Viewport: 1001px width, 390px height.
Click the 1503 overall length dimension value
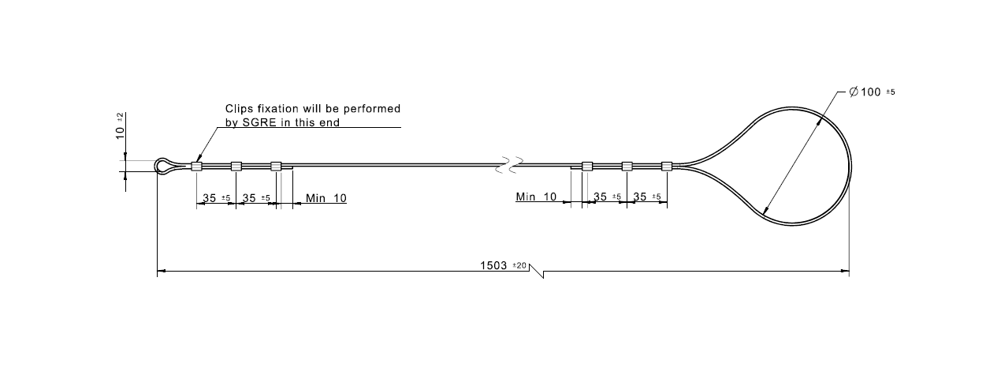click(495, 265)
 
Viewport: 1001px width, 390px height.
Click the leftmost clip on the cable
click(196, 166)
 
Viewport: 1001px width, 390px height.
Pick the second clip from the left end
click(236, 166)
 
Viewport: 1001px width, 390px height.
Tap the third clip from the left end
click(276, 166)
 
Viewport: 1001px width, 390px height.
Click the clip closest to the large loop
click(667, 166)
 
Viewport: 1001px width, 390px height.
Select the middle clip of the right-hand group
click(627, 166)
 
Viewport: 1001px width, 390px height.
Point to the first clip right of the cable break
click(587, 166)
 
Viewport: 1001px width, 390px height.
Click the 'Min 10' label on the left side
click(326, 197)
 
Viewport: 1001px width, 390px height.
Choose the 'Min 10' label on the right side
click(536, 197)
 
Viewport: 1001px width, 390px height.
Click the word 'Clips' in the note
click(238, 109)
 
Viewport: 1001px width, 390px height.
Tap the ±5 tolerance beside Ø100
click(891, 92)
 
